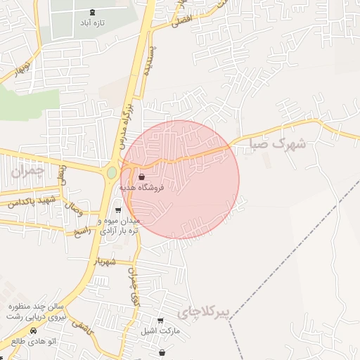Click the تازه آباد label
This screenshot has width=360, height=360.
tap(91, 23)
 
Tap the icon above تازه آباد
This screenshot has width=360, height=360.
tap(92, 12)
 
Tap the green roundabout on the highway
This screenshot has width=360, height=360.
tap(112, 172)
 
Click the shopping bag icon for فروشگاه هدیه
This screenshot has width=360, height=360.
tap(143, 176)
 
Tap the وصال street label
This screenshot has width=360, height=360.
tap(73, 208)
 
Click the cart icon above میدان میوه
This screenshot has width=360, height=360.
tap(118, 210)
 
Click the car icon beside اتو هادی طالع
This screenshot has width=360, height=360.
tap(32, 331)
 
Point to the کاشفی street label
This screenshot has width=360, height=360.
tap(82, 326)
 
